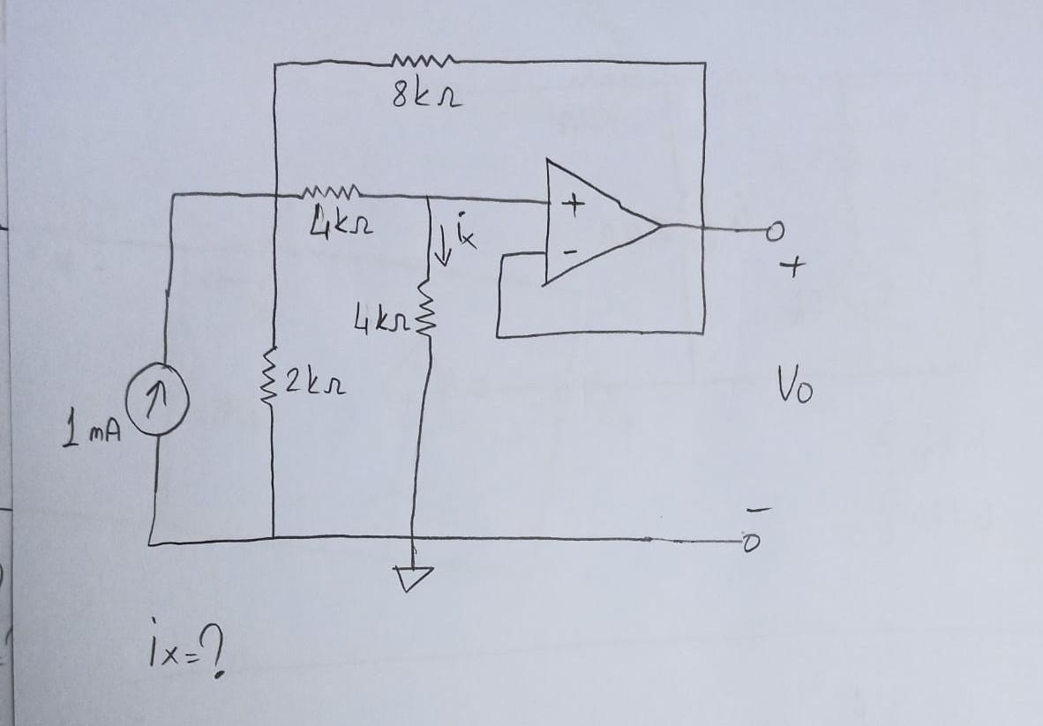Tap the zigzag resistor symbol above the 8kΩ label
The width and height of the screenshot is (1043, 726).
point(423,61)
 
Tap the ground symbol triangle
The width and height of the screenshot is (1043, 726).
point(413,577)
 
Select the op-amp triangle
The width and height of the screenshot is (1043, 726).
point(591,222)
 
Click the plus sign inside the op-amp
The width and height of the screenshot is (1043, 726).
point(574,206)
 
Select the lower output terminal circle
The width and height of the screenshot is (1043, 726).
point(751,544)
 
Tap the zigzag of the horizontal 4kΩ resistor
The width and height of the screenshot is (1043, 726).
point(331,191)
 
